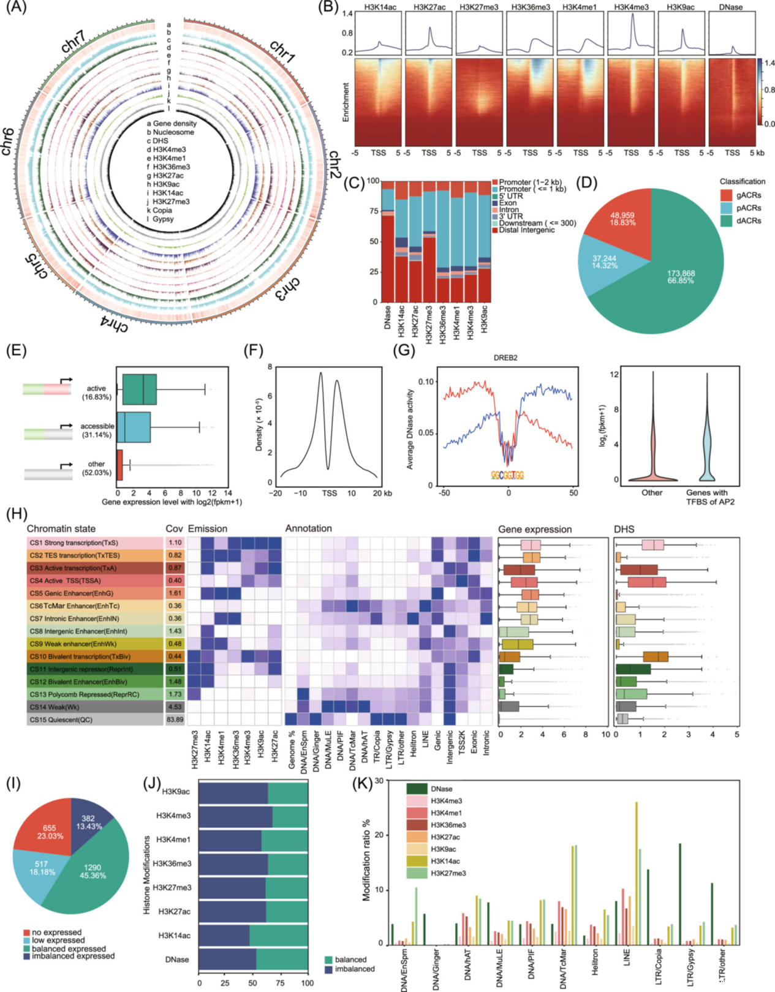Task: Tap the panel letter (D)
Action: coord(588,182)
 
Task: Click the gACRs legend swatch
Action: coord(726,195)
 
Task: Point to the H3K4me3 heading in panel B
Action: coord(632,7)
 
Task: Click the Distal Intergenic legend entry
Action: coord(526,230)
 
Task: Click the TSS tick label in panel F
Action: coord(329,493)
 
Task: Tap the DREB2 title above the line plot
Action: coord(505,358)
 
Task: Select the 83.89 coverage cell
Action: coord(175,720)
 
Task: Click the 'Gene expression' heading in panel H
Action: coord(535,529)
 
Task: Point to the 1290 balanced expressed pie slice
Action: coord(92,873)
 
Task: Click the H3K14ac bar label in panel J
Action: coord(174,935)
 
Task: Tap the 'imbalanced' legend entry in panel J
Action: coord(355,969)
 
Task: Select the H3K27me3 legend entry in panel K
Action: coord(448,873)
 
